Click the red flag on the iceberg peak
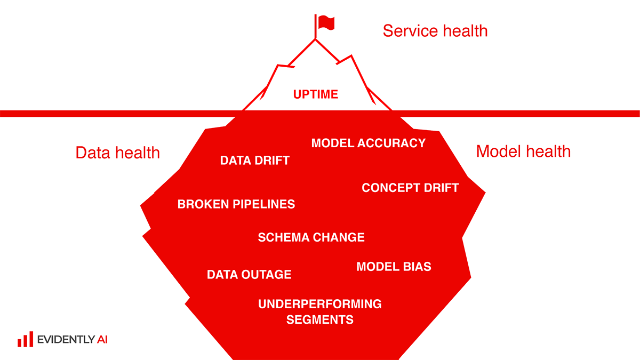click(326, 22)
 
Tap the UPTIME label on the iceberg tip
click(316, 94)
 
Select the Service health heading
click(435, 31)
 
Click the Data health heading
click(118, 153)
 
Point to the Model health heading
click(523, 151)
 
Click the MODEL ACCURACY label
click(369, 143)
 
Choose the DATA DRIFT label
click(255, 161)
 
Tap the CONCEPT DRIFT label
click(410, 188)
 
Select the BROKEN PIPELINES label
click(236, 204)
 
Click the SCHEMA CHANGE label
click(311, 237)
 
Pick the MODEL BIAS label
click(394, 267)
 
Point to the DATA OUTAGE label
click(249, 275)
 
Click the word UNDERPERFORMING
click(319, 304)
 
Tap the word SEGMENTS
click(319, 319)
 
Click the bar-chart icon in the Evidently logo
click(26, 339)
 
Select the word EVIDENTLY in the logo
click(66, 339)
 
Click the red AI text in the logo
click(102, 339)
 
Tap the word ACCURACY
click(391, 143)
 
